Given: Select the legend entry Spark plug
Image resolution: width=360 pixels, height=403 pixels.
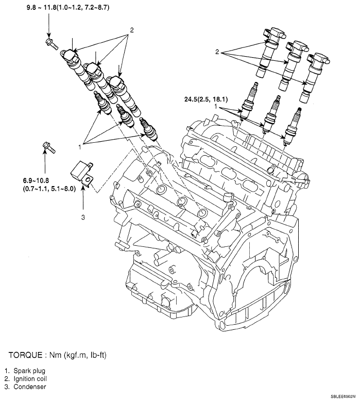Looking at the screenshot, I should [x=29, y=371].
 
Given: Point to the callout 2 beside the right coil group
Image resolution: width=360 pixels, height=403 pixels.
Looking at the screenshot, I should [x=217, y=52].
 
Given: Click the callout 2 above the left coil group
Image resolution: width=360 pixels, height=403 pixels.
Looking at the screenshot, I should [x=132, y=30].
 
